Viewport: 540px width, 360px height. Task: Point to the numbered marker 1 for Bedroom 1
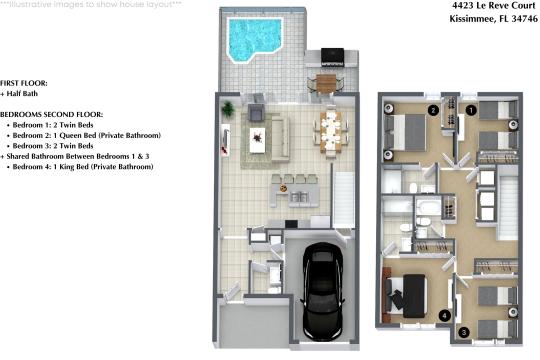point(470,110)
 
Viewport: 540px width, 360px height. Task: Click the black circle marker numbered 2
point(433,110)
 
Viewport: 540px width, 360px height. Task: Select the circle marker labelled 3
point(462,332)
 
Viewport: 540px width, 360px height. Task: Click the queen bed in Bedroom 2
point(408,130)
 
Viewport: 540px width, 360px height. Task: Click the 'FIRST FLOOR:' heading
point(23,83)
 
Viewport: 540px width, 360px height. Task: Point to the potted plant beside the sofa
point(229,108)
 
